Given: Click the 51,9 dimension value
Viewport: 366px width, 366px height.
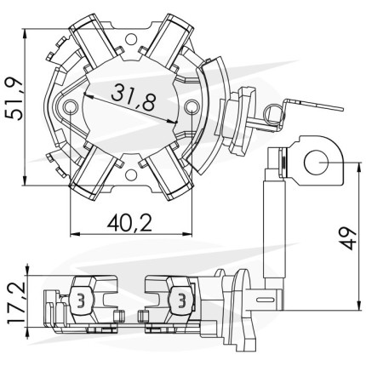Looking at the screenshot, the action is click(14, 100).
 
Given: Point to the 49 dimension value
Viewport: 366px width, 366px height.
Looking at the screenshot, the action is click(348, 238).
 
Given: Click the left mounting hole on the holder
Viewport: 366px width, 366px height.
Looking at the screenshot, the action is click(70, 106).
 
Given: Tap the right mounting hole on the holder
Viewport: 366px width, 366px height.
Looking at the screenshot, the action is click(192, 106).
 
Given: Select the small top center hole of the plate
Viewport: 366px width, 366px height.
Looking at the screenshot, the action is click(131, 39).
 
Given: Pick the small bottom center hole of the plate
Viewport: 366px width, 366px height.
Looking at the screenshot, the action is click(131, 175).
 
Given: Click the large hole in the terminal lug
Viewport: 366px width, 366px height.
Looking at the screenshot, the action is click(317, 162).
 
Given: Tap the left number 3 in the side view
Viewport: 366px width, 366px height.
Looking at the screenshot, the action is click(81, 300).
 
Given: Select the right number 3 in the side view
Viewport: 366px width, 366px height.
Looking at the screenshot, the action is click(181, 300).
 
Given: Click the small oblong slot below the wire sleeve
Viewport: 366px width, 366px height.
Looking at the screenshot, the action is click(266, 299).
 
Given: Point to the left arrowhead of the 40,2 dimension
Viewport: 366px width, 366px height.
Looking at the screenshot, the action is click(74, 234).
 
